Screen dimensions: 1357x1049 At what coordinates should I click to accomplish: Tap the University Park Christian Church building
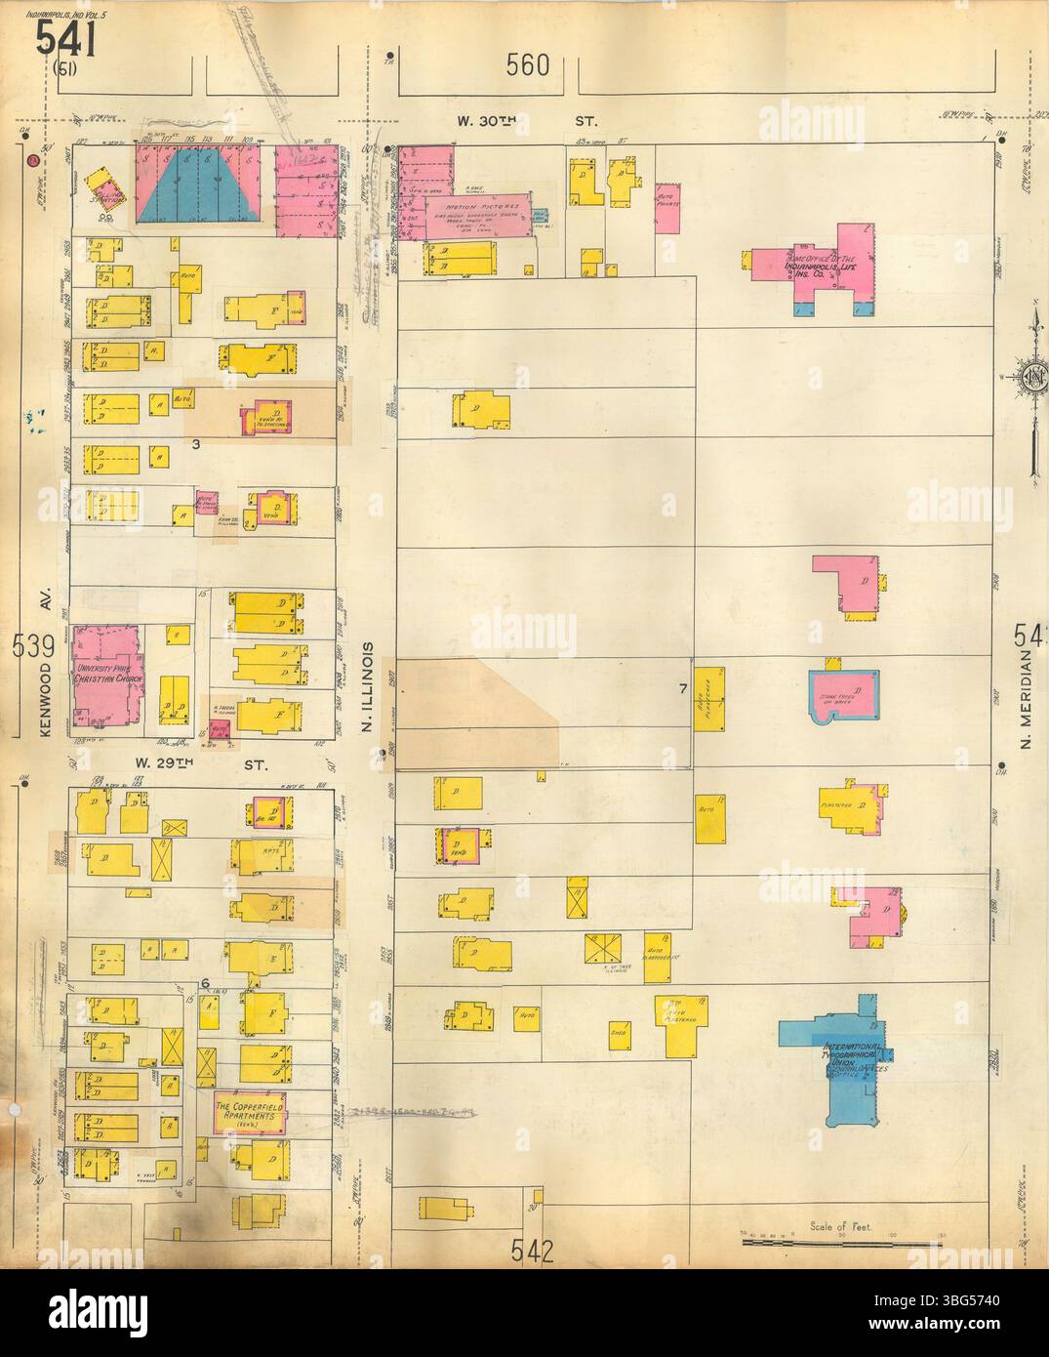[106, 674]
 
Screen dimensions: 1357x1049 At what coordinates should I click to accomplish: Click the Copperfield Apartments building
[249, 1112]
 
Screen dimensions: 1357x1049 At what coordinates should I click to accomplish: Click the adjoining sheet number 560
[528, 66]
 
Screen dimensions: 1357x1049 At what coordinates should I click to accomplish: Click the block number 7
[684, 689]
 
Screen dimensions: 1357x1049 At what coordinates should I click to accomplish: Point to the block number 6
[205, 983]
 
